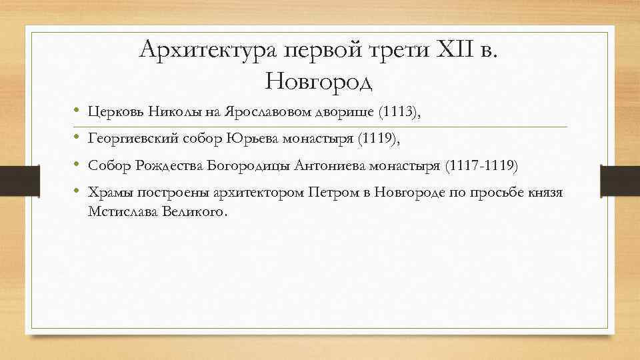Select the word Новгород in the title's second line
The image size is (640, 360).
click(x=319, y=81)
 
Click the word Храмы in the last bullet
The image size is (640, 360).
click(x=109, y=193)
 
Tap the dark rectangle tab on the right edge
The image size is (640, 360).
click(x=619, y=181)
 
